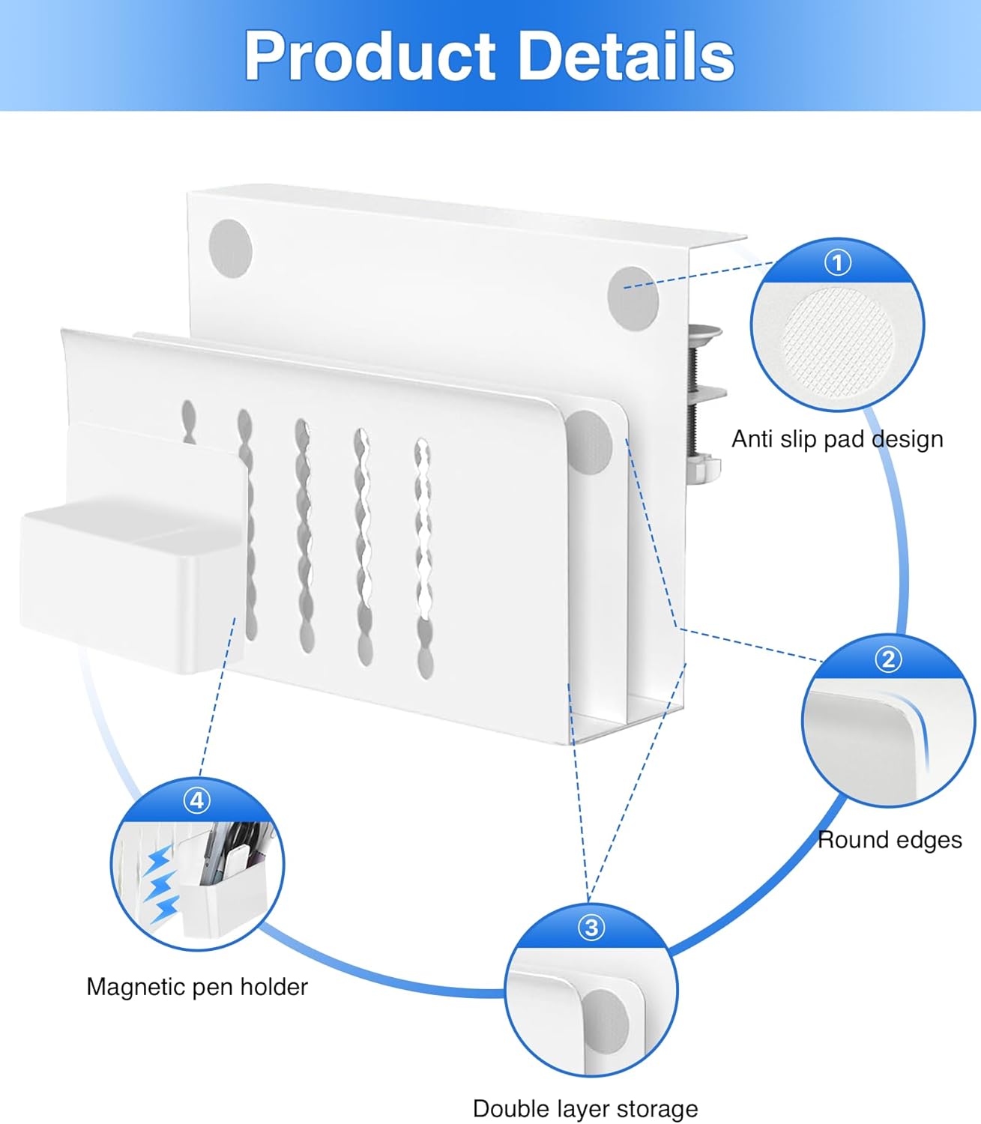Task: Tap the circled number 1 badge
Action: point(837,262)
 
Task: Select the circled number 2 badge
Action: point(888,659)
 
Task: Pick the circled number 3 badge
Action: point(591,928)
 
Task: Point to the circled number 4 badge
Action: point(196,800)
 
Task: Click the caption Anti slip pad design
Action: point(837,439)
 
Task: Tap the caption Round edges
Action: point(890,840)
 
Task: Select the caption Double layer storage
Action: point(585,1108)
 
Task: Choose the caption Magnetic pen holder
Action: point(197,987)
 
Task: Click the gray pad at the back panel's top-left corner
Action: point(229,247)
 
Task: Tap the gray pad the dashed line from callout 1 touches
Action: point(633,296)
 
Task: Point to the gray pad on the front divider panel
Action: point(590,441)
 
